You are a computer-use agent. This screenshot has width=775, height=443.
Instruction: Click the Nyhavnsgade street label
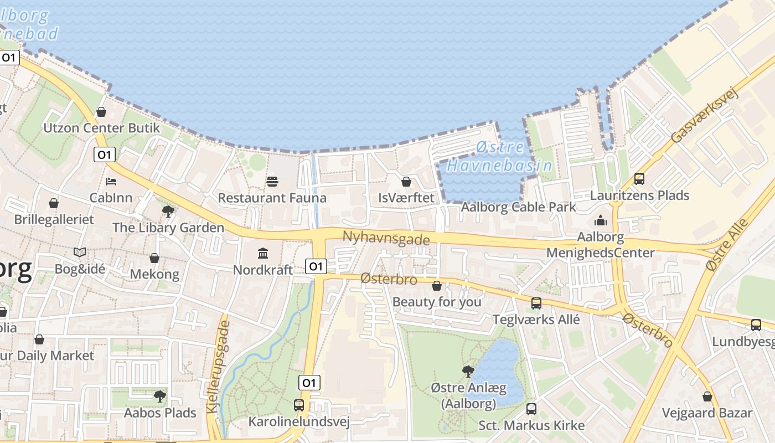coord(386,238)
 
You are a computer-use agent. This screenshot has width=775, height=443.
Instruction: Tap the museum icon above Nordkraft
coord(263,254)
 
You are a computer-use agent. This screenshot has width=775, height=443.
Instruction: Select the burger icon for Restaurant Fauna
coord(272,182)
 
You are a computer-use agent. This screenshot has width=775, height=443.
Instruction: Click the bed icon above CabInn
coord(111,181)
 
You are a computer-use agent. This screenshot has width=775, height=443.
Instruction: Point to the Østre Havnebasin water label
coord(499,157)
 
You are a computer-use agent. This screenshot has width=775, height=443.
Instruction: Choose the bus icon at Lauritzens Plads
coord(639,179)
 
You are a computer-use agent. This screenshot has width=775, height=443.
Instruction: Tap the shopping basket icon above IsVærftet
coord(406,182)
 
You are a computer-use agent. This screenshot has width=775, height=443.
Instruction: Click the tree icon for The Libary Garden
coord(168,211)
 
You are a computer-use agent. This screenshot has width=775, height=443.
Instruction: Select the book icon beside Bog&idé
coord(80,253)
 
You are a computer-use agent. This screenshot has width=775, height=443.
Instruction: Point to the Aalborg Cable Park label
coord(519,207)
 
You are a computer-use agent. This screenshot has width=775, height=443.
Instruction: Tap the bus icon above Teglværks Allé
coord(536,303)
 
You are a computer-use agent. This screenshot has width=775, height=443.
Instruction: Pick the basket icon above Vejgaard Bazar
coord(707,396)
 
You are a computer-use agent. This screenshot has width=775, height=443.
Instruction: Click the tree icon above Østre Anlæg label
coord(468,371)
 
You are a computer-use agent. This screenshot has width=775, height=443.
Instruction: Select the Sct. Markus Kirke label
coord(531,425)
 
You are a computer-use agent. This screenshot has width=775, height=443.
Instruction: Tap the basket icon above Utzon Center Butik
coord(101,112)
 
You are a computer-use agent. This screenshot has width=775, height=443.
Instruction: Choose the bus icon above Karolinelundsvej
coord(299,405)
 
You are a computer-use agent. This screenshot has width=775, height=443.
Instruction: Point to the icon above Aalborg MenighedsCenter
coord(601,221)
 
